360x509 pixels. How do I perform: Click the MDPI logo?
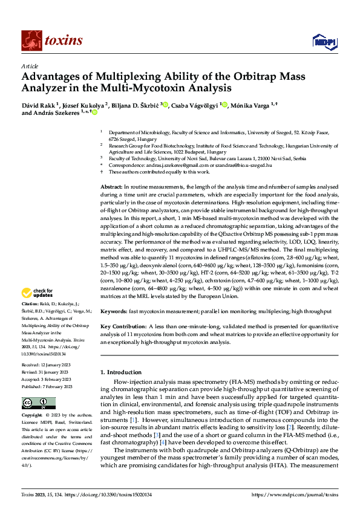(x=322, y=41)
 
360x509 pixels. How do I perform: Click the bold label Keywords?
(x=114, y=311)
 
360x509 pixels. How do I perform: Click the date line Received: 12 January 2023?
(x=48, y=366)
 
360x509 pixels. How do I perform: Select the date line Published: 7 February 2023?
(x=48, y=386)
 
